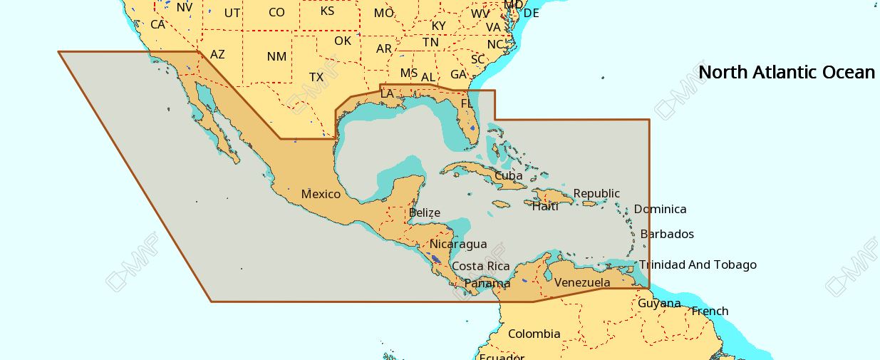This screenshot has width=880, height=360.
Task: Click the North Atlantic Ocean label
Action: point(786,72)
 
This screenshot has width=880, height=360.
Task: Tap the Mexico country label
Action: point(321,194)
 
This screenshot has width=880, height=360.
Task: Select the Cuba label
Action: point(508,175)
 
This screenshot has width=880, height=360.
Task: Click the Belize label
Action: point(424,212)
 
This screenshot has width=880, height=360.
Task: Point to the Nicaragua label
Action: point(458,244)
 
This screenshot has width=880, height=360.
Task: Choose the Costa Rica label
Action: point(480,266)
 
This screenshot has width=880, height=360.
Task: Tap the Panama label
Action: point(487,283)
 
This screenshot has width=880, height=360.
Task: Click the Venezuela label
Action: point(582,282)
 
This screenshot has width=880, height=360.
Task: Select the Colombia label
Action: point(534,334)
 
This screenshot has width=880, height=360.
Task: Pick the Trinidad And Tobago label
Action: point(697,264)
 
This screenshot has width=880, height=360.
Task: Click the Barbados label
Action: point(666,234)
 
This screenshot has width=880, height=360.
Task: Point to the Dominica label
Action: point(660,209)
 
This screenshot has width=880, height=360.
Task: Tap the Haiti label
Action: point(545,207)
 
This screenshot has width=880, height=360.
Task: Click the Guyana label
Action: point(659,303)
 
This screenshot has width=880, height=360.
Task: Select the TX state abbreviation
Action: point(316,77)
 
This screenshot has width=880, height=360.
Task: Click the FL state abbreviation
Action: point(467,103)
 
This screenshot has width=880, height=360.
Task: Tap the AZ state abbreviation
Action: point(217,54)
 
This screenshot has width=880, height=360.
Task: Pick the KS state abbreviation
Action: point(327,11)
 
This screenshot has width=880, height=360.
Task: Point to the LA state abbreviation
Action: point(387,93)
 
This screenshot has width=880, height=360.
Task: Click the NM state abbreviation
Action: point(276,56)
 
